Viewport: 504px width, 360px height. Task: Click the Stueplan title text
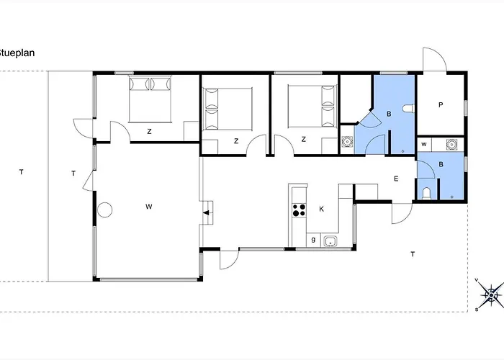point(17,53)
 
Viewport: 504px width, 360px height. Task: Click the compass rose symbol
point(491,294)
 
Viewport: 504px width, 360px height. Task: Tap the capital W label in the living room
point(148,207)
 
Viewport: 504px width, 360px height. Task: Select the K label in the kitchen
point(321,210)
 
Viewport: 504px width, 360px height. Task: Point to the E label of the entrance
point(396,179)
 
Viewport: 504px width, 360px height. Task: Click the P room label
point(441,105)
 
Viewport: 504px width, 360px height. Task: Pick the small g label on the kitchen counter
point(313,240)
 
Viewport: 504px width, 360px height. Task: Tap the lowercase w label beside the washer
point(424,144)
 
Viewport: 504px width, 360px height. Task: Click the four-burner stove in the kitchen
point(299,210)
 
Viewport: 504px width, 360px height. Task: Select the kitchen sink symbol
point(330,241)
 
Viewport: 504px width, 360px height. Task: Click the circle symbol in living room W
point(105,210)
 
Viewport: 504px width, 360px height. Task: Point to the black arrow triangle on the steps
point(206,212)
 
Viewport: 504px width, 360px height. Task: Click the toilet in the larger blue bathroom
point(409,108)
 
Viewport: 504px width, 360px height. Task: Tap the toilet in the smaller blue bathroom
point(426,194)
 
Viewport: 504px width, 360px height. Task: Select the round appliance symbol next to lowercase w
point(451,144)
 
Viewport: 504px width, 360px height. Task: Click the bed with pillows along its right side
point(312,107)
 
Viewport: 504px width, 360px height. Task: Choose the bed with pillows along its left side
point(228,109)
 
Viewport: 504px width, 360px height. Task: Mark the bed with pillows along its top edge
point(150,99)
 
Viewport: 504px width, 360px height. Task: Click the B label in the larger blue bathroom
point(389,114)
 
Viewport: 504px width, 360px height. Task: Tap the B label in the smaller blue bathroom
point(441,164)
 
